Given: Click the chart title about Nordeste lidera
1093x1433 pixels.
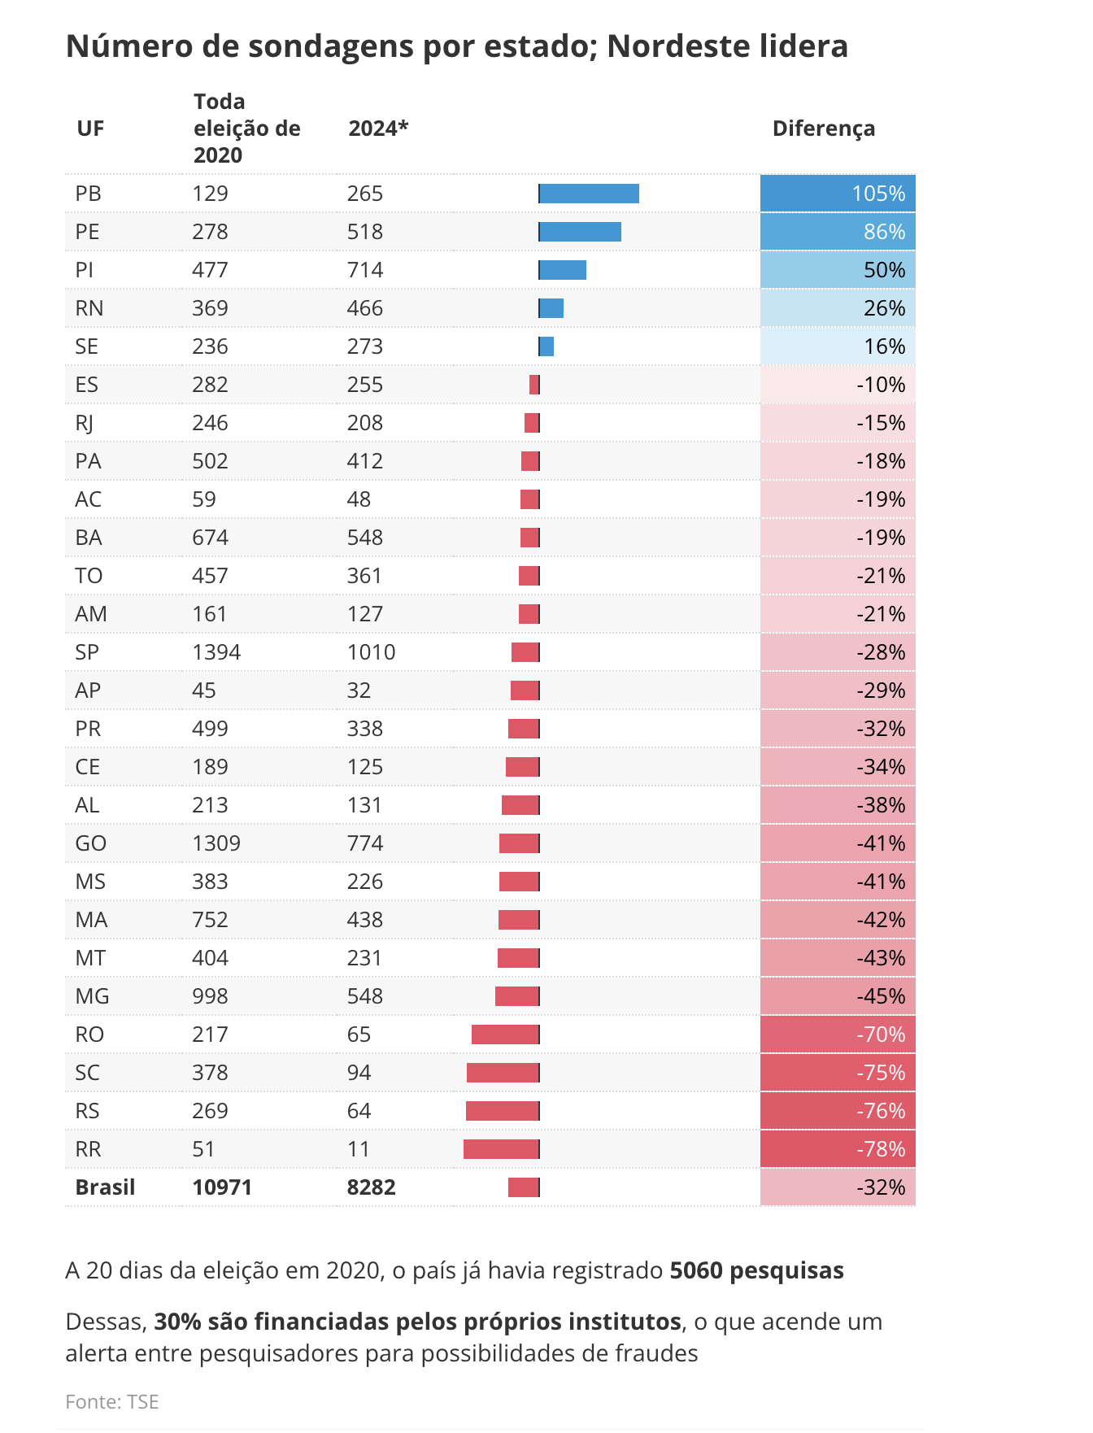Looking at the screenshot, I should pyautogui.click(x=456, y=46).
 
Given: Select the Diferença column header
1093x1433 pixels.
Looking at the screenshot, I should pyautogui.click(x=823, y=128).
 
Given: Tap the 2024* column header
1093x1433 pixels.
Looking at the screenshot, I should pyautogui.click(x=378, y=128).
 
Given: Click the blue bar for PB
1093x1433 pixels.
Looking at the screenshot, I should pyautogui.click(x=589, y=194).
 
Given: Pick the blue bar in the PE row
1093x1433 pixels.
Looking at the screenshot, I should pyautogui.click(x=580, y=232).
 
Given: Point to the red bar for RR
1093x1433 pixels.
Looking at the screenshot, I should pyautogui.click(x=501, y=1149).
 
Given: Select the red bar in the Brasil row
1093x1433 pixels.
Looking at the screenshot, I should pyautogui.click(x=524, y=1187).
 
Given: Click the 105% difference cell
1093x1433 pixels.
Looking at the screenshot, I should pyautogui.click(x=838, y=194).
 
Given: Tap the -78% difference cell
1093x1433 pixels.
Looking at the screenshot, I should pyautogui.click(x=838, y=1149).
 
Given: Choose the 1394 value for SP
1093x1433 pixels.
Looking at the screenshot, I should pyautogui.click(x=216, y=652).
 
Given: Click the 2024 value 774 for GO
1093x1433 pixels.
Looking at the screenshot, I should pyautogui.click(x=364, y=843).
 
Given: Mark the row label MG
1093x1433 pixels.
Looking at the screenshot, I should pyautogui.click(x=92, y=996).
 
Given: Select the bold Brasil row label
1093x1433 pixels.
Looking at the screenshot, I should pyautogui.click(x=105, y=1187).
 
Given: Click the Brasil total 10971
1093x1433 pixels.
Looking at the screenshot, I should pyautogui.click(x=222, y=1187).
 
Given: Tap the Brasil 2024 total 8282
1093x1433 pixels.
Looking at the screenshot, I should pyautogui.click(x=371, y=1187).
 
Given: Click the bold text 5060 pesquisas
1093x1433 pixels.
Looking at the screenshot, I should pyautogui.click(x=756, y=1270).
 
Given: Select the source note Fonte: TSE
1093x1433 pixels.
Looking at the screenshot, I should pyautogui.click(x=112, y=1402).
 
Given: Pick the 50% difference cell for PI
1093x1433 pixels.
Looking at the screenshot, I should pyautogui.click(x=838, y=270).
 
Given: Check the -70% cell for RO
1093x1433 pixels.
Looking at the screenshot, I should pyautogui.click(x=838, y=1034).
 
